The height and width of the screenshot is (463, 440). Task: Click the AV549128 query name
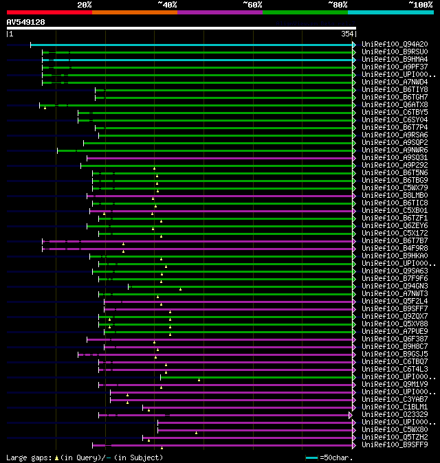tap(25, 22)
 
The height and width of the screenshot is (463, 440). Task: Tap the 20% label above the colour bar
tap(85, 4)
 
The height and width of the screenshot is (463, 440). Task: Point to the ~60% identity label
tap(252, 4)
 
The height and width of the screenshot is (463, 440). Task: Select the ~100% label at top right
tap(419, 4)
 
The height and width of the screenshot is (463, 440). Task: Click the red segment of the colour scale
tap(48, 12)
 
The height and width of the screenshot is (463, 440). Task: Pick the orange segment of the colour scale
tap(134, 12)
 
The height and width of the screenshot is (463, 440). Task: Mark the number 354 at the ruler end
tap(347, 34)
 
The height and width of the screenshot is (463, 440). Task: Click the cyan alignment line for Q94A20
tap(192, 45)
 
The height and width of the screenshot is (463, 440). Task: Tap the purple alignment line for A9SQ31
tap(220, 158)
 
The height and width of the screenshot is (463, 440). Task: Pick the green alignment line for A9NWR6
tap(206, 150)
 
